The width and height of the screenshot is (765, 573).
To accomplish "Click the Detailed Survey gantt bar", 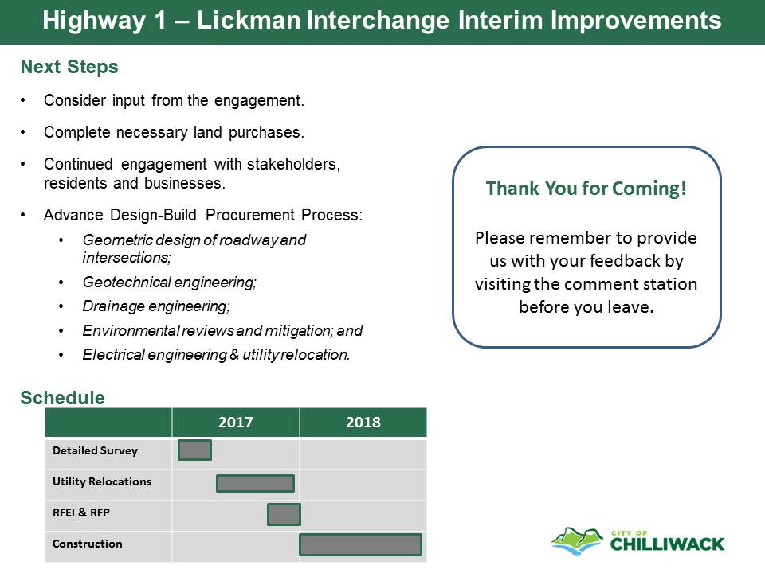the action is pyautogui.click(x=194, y=450).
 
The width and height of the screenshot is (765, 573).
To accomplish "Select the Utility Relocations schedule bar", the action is pyautogui.click(x=255, y=483).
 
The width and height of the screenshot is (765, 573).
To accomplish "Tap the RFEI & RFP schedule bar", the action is pyautogui.click(x=284, y=515).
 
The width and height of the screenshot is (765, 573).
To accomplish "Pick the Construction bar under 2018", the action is pyautogui.click(x=360, y=544).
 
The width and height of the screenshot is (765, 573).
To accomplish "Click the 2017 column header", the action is pyautogui.click(x=236, y=422).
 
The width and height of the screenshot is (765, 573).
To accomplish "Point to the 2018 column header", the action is pyautogui.click(x=363, y=422).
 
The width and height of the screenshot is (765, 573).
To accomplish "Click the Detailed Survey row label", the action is pyautogui.click(x=95, y=450).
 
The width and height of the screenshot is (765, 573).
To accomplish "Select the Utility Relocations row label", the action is pyautogui.click(x=102, y=481).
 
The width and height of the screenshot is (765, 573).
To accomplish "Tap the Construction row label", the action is pyautogui.click(x=88, y=544).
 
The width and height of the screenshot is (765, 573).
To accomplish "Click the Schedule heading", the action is pyautogui.click(x=62, y=398).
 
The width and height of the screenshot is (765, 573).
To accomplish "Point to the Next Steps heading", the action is pyautogui.click(x=69, y=67).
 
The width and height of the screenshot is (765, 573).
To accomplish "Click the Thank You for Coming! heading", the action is pyautogui.click(x=586, y=189).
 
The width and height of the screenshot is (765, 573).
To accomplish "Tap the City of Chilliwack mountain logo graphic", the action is pyautogui.click(x=577, y=541).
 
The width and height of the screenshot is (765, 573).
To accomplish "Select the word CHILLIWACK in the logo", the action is pyautogui.click(x=668, y=544).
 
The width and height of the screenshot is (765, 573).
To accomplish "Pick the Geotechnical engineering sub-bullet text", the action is pyautogui.click(x=169, y=282).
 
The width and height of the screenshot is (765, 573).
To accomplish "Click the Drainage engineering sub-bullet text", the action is pyautogui.click(x=156, y=306).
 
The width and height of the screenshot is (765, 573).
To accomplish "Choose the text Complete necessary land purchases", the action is pyautogui.click(x=174, y=132).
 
